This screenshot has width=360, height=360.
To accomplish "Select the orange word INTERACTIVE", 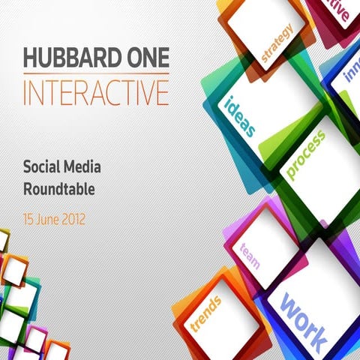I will coord(96,93).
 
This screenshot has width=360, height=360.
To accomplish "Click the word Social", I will coord(43,167).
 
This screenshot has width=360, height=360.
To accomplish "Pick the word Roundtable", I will coord(58,190).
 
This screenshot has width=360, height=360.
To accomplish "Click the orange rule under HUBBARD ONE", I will coord(96,74).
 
